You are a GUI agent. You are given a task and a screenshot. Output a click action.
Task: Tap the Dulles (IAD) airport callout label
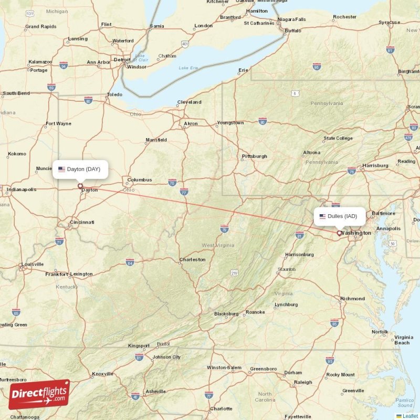[339, 216]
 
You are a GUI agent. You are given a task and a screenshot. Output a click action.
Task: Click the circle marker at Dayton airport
[80, 185]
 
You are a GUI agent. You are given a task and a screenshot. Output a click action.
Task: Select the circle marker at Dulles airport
[339, 233]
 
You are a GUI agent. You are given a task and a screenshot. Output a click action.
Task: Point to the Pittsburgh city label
[254, 156]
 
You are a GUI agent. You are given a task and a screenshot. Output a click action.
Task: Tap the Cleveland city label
[189, 102]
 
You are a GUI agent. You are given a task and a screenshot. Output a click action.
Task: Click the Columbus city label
[139, 180]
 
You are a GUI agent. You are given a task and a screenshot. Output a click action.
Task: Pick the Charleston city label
[192, 260]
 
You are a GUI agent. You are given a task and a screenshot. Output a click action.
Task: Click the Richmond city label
[352, 299]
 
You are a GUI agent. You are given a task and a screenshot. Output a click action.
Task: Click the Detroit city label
[122, 59]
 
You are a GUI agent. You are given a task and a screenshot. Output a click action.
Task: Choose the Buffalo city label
[293, 31]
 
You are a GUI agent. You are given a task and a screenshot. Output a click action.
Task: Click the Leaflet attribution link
[410, 416]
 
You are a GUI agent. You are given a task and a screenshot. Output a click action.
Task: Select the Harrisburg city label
[375, 165]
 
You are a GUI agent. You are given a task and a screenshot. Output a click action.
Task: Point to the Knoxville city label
[102, 374]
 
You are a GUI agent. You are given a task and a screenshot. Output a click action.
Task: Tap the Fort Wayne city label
[58, 124]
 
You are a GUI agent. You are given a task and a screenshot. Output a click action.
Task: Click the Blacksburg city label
[226, 314]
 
